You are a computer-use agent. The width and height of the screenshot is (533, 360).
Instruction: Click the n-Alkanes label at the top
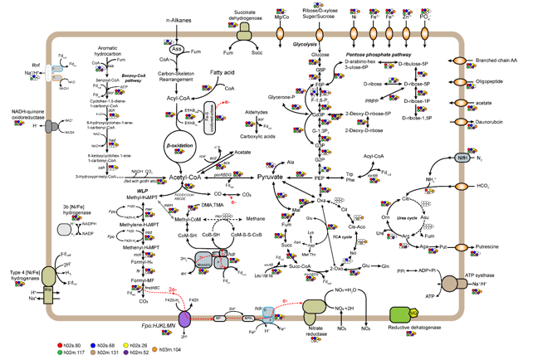pos(183,18)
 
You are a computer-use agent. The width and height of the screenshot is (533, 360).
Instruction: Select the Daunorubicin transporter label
pos(496,120)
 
